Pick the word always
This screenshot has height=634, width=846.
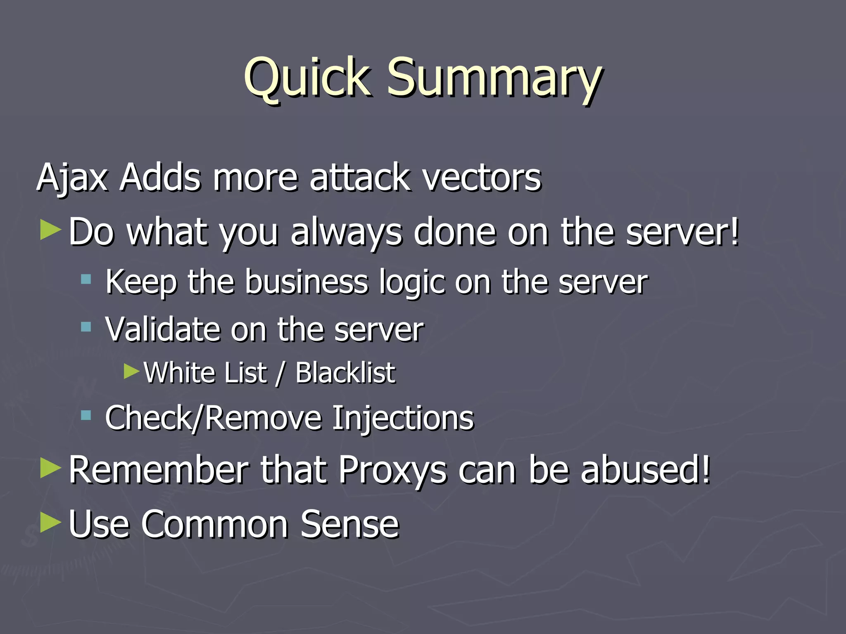[346, 232]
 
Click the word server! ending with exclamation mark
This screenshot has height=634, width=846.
[682, 232]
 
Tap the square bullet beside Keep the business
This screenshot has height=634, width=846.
[86, 279]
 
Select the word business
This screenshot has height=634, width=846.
[306, 283]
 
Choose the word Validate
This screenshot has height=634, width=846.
[162, 329]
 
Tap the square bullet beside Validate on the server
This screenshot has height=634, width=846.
[86, 327]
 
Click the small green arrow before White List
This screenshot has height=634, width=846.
[132, 371]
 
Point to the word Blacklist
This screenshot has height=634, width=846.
[345, 373]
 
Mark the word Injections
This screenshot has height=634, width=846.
[403, 418]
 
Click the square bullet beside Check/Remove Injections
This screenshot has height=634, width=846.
[86, 415]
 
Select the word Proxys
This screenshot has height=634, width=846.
[392, 470]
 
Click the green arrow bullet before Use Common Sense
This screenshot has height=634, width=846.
[50, 523]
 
